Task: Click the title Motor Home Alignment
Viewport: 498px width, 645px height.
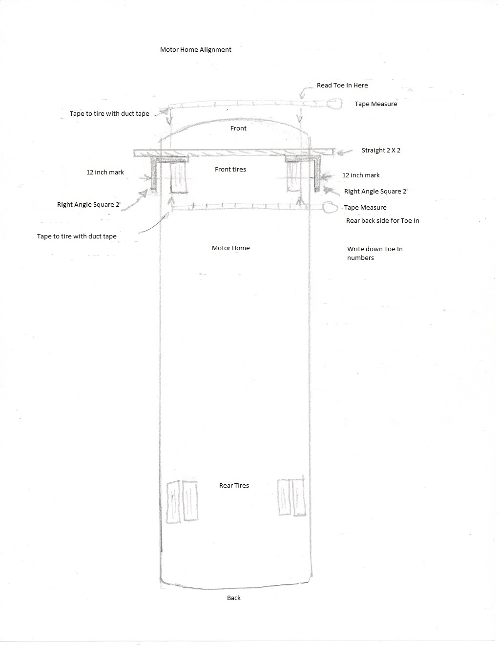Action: (195, 49)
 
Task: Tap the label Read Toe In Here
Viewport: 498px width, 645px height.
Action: (342, 85)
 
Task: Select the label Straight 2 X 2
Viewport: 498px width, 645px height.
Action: (381, 150)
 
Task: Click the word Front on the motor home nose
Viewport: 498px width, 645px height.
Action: (238, 128)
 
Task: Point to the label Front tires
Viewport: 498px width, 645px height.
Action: (230, 169)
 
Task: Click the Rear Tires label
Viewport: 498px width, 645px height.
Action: (234, 485)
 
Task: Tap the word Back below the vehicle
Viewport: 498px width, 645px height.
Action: (234, 598)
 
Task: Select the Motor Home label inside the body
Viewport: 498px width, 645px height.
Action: (230, 248)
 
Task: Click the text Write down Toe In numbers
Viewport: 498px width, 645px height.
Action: (374, 253)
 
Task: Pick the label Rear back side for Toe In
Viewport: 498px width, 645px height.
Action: (382, 220)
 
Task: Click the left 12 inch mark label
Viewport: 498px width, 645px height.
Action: (105, 172)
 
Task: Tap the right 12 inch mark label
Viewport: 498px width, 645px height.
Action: (361, 175)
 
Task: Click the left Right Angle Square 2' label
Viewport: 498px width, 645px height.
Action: (89, 205)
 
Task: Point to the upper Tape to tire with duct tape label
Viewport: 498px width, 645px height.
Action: (109, 114)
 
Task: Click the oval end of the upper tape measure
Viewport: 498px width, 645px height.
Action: (334, 104)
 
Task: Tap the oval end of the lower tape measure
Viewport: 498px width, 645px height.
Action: (330, 207)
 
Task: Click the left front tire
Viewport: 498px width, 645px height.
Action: (179, 177)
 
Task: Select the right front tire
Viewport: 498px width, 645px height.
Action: (293, 176)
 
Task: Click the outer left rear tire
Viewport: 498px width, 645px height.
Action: (173, 502)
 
